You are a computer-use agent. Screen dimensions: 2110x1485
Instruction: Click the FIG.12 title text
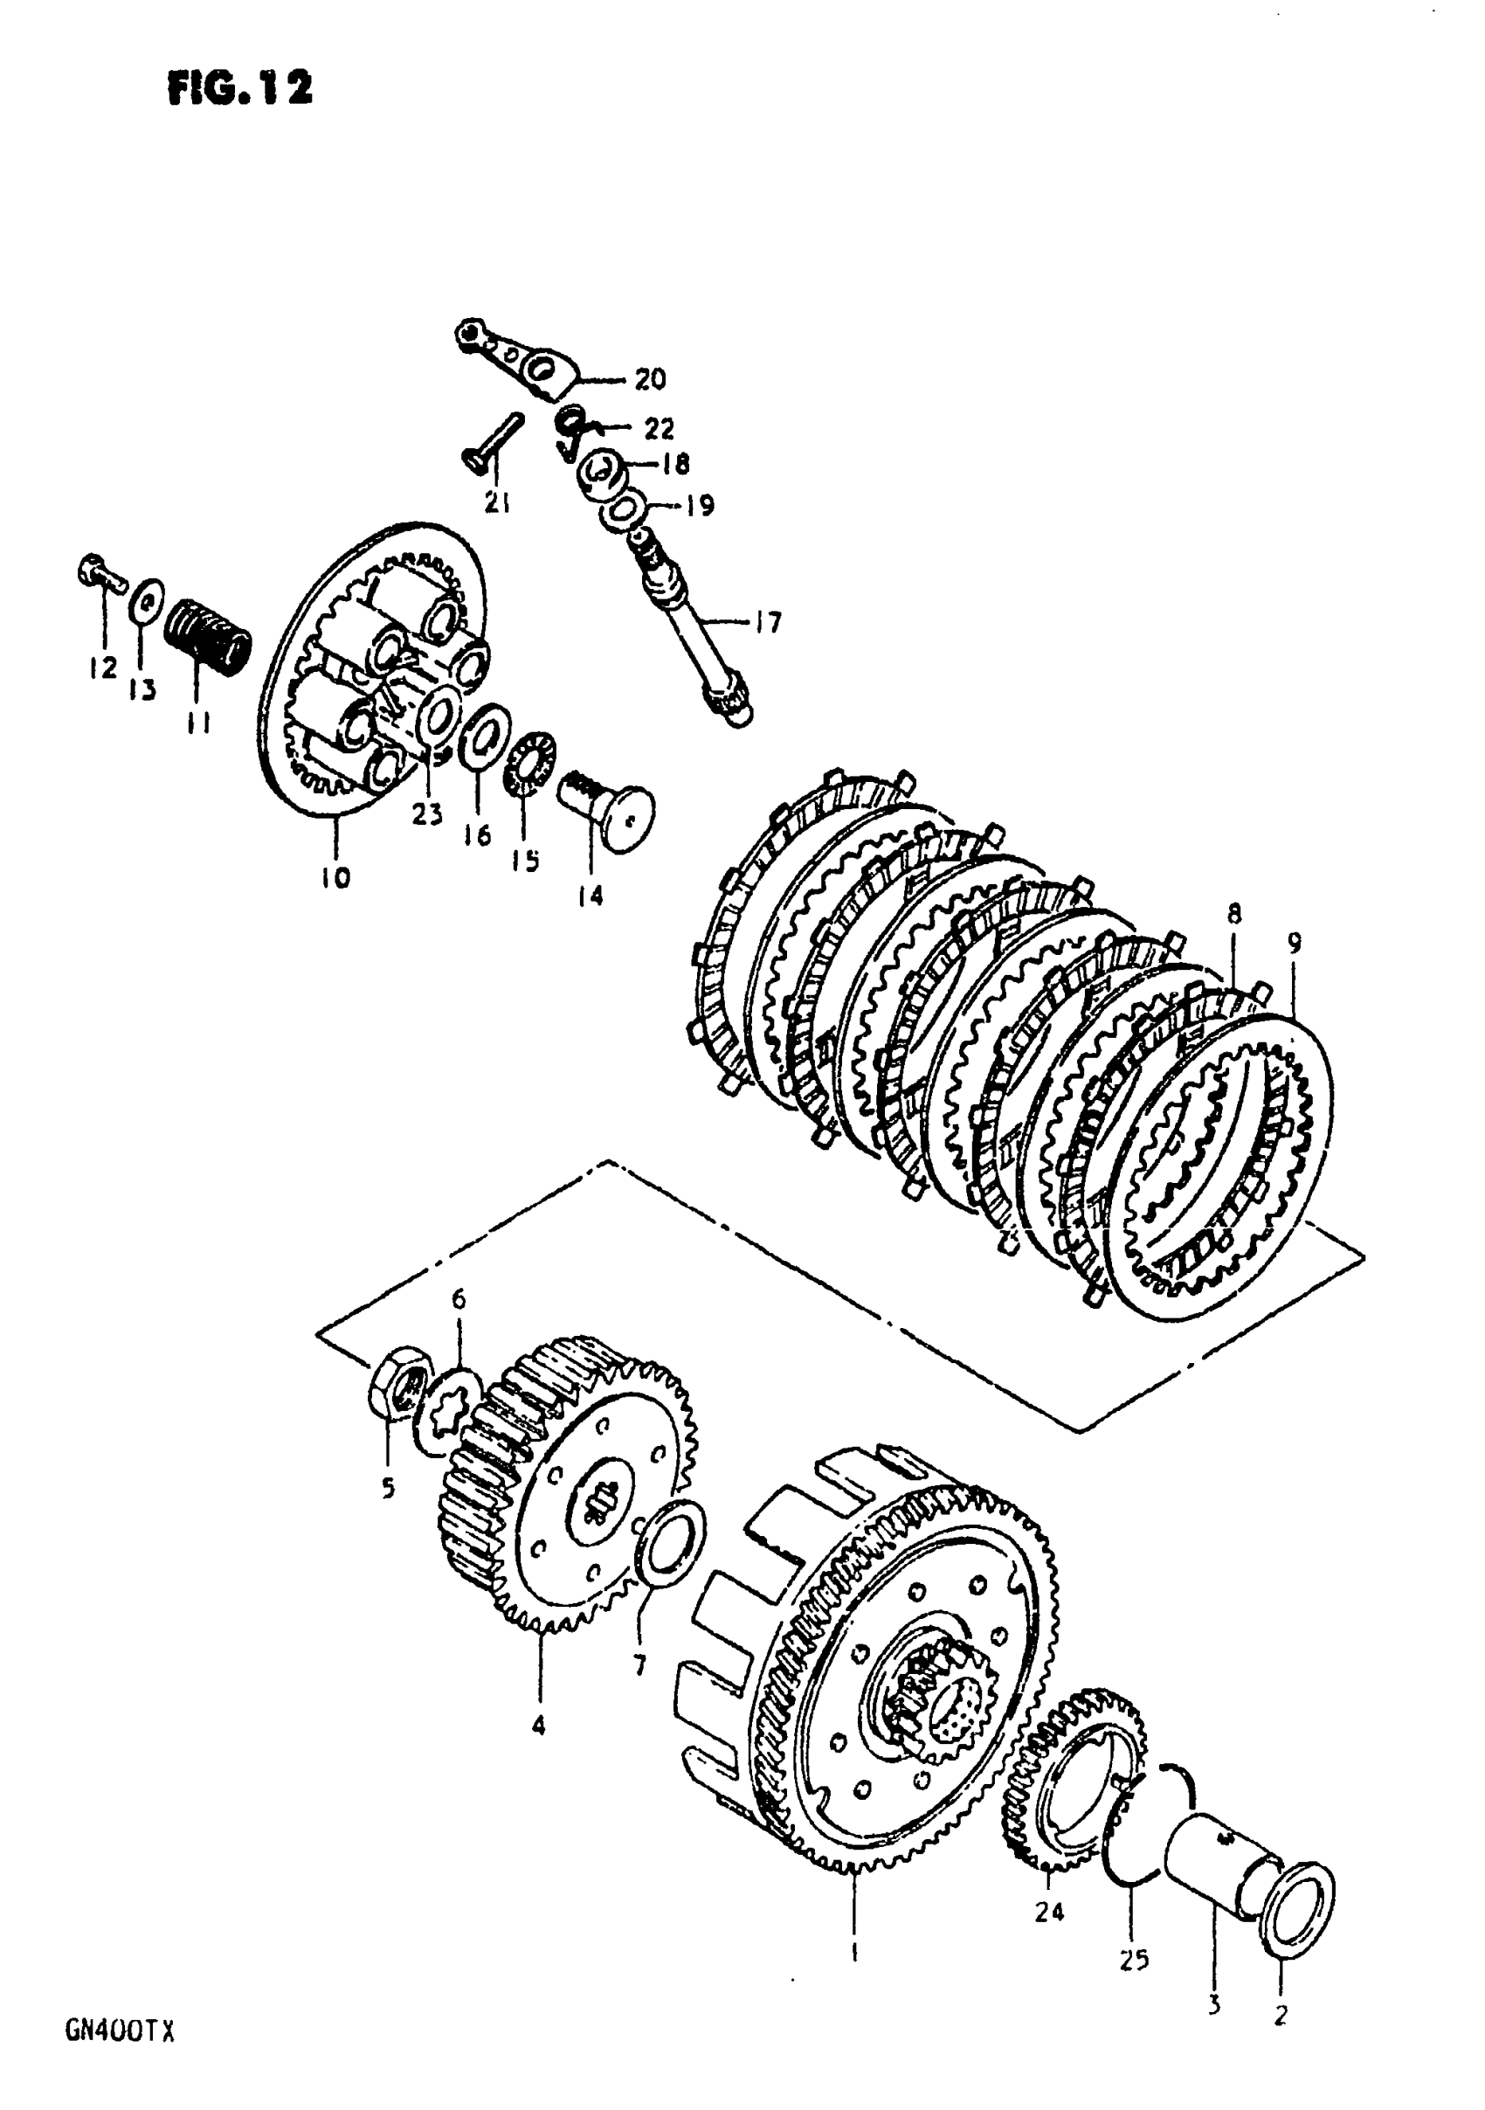(240, 89)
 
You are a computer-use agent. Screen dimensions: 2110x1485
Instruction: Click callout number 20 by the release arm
(650, 378)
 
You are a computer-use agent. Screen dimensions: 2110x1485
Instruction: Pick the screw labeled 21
(491, 443)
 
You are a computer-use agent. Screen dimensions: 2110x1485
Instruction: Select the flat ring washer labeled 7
(673, 1546)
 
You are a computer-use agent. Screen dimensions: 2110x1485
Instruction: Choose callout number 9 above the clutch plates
(1294, 943)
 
